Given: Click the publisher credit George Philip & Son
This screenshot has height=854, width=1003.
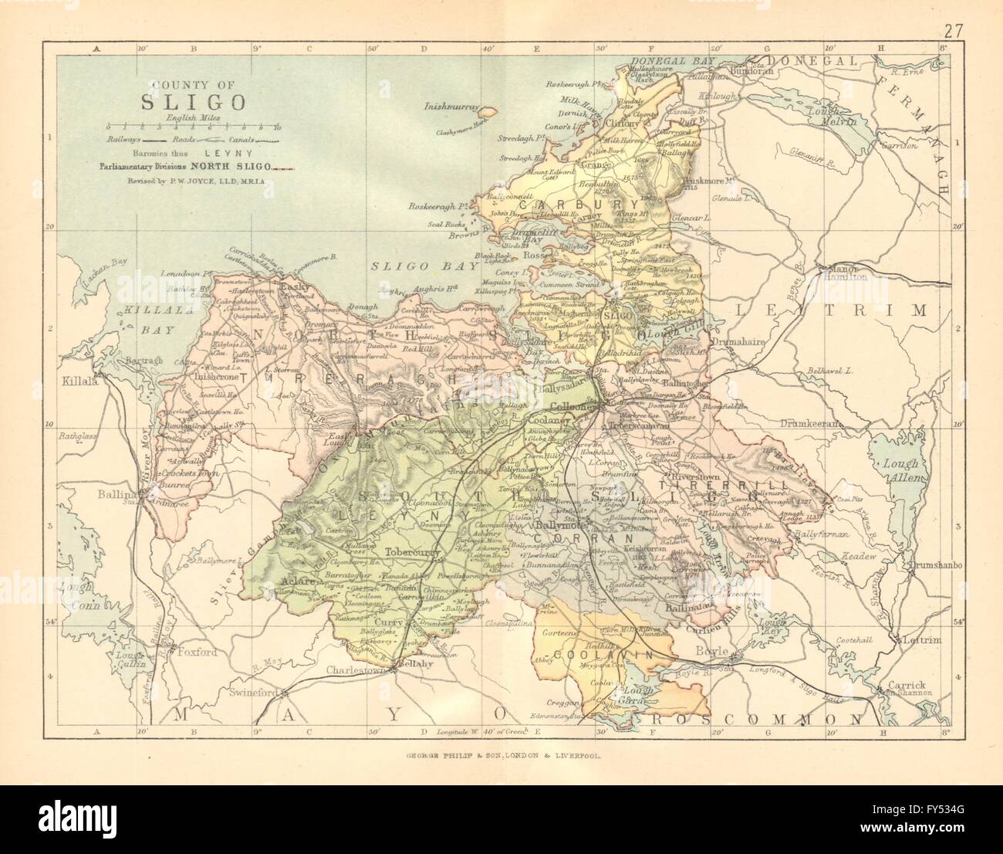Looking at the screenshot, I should (501, 757).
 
